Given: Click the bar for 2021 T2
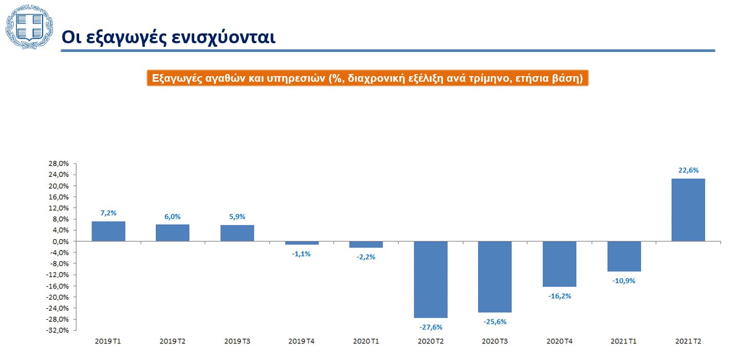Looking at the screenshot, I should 688,210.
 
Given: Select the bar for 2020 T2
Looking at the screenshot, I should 431,279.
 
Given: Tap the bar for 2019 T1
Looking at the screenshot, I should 108,231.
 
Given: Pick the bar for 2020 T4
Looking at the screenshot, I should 560,264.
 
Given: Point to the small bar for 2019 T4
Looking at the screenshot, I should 302,243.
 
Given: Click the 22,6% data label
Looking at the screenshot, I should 688,170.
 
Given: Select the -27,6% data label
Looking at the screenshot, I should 431,327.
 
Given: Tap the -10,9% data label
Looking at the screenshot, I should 624,281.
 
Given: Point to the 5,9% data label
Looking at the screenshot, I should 237,217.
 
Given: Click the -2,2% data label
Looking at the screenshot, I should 366,257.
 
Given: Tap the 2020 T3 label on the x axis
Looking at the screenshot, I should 495,341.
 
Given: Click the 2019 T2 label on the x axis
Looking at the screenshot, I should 173,341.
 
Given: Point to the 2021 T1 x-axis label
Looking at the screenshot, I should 624,341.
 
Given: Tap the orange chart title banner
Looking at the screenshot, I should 367,78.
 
